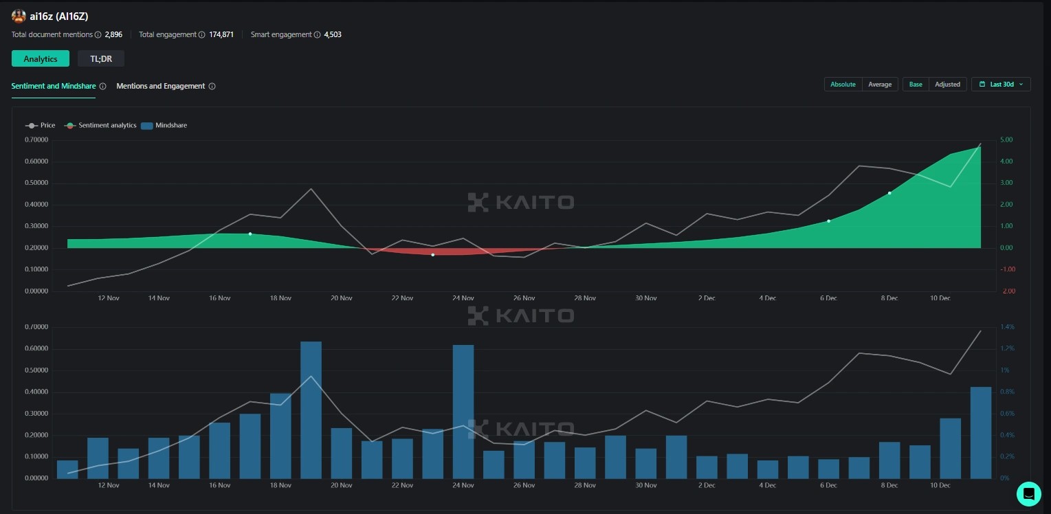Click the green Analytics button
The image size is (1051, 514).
tap(41, 58)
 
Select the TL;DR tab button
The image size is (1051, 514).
tap(101, 58)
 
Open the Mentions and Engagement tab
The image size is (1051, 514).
tap(161, 86)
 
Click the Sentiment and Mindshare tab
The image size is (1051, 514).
tap(54, 86)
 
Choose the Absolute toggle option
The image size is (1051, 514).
tap(843, 85)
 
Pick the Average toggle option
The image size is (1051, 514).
tap(880, 85)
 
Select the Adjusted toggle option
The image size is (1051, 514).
tap(947, 85)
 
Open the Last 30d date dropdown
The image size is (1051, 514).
tap(1001, 85)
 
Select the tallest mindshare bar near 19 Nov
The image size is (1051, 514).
tap(311, 410)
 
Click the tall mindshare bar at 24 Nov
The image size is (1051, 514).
tap(463, 411)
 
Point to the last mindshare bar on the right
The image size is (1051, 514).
tap(980, 432)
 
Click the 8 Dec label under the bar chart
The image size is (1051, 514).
tap(889, 485)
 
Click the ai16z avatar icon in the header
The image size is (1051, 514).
tap(19, 16)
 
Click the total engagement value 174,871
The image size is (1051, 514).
tap(221, 34)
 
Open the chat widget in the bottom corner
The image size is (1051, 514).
tap(1029, 493)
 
